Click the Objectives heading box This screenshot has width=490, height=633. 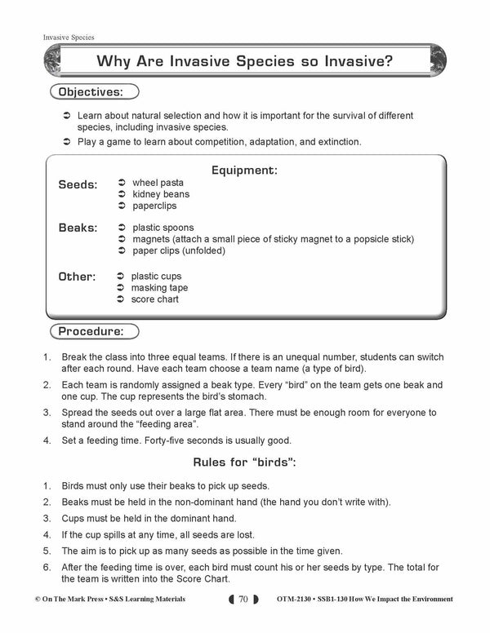coord(95,91)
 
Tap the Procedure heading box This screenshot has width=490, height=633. coord(94,331)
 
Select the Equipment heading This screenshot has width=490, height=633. coord(244,170)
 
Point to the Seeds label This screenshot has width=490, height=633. coord(78,185)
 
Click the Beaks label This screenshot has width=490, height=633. coord(78,228)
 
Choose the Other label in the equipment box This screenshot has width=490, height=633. coord(77,277)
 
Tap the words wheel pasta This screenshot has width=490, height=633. coord(158,183)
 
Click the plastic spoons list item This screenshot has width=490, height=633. coord(163,228)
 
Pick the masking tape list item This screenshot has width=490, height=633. coord(159,288)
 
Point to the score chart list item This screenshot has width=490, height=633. coord(155,299)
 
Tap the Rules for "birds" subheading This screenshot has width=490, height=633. coord(244,463)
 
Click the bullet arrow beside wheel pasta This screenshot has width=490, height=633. coord(120,183)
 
